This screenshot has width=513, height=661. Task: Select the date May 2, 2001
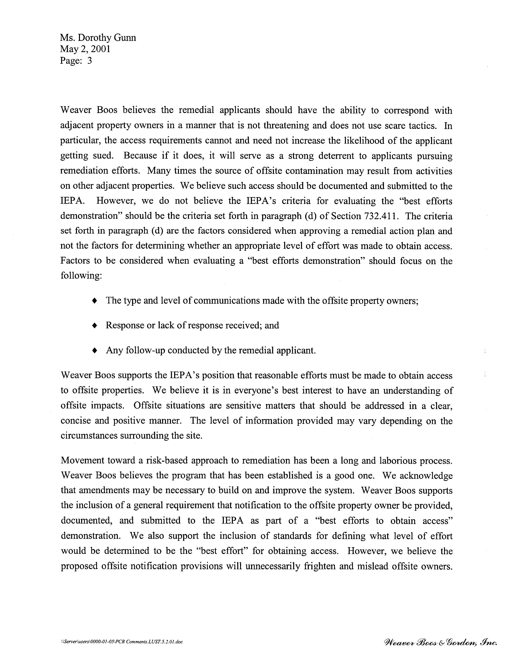(85, 49)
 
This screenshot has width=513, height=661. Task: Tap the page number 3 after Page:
(89, 61)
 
